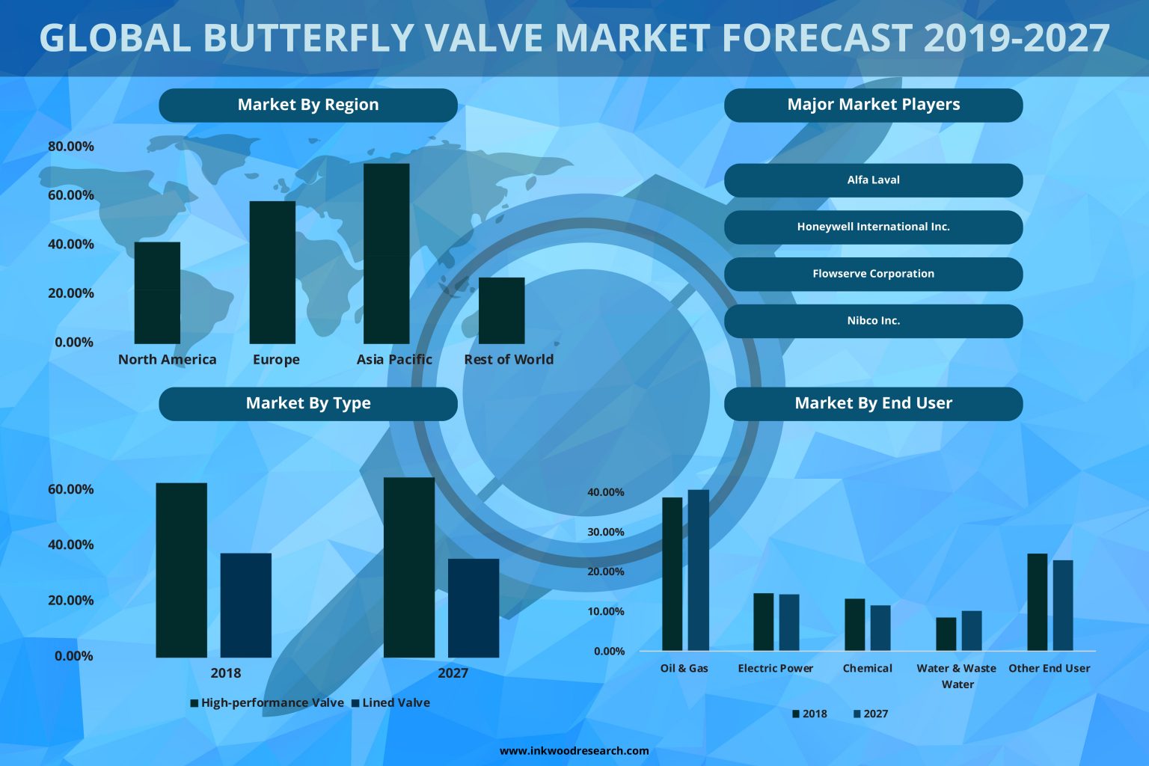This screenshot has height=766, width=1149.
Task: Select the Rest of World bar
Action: point(501,310)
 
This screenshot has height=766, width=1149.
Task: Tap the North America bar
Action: point(157,292)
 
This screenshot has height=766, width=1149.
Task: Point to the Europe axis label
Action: point(276,359)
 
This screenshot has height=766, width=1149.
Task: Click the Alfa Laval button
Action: point(873,180)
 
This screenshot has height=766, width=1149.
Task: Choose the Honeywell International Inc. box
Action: point(873,227)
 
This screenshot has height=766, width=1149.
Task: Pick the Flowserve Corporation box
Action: point(873,274)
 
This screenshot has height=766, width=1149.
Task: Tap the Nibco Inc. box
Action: point(873,321)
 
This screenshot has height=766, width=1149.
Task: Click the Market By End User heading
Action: point(873,403)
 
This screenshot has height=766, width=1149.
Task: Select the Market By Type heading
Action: point(307,403)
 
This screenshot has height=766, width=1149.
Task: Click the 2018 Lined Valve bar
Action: point(245,605)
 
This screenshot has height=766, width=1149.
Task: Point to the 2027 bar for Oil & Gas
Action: point(698,570)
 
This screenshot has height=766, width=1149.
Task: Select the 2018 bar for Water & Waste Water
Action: point(946,634)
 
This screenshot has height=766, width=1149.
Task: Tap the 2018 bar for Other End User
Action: point(1037,601)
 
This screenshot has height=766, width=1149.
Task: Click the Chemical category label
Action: point(867,668)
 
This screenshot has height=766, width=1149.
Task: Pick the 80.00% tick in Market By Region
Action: point(71,147)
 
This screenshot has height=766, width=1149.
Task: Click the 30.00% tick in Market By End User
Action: point(605,532)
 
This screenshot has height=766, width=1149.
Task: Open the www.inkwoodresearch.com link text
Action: point(574,750)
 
